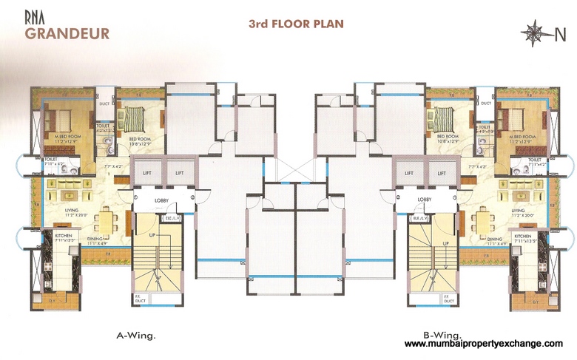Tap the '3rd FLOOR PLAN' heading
tap(296, 24)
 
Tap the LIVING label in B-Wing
tap(518, 211)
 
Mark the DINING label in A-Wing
tap(97, 239)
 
